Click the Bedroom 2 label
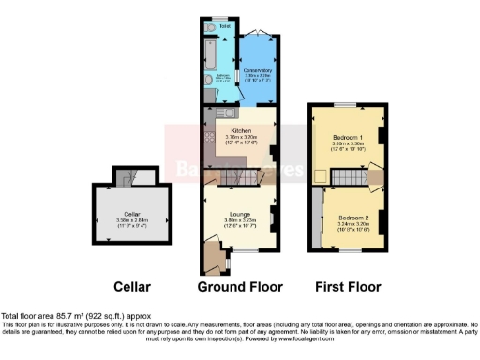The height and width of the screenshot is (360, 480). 352,217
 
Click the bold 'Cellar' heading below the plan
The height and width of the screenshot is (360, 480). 131,286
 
